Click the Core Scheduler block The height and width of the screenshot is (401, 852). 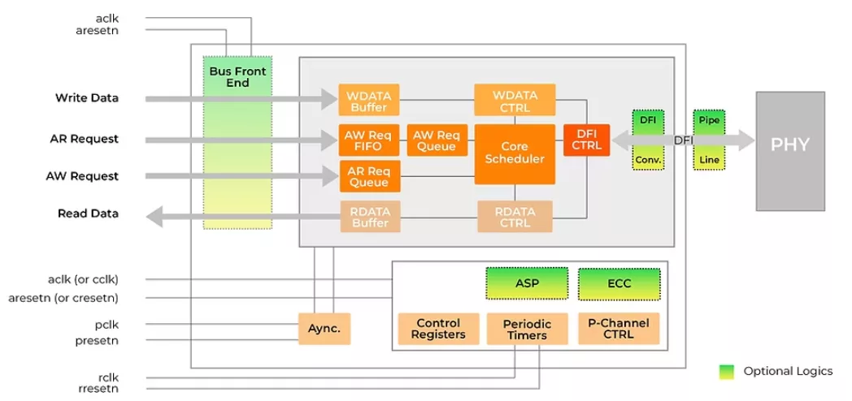point(514,153)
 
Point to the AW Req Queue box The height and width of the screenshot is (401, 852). point(437,140)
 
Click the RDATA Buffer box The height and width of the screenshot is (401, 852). point(370,217)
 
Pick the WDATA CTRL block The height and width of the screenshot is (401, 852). point(514,100)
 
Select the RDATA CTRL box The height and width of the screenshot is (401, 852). point(514,217)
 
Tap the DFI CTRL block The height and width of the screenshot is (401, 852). point(586,140)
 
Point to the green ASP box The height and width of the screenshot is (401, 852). point(527,283)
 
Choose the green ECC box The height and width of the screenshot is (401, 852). point(619,283)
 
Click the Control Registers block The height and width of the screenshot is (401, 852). point(437,329)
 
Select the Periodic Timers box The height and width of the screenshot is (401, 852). point(527,329)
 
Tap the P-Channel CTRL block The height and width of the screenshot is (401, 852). point(619,329)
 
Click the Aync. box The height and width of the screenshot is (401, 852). point(324,329)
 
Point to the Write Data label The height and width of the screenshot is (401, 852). point(87,98)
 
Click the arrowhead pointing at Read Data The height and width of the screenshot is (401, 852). point(154,214)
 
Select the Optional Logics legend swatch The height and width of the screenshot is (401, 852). point(726,372)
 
